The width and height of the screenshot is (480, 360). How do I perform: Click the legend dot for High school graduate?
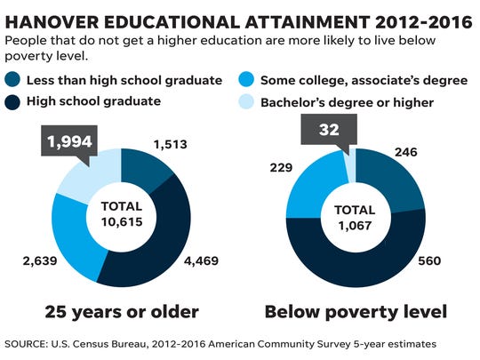(x=15, y=101)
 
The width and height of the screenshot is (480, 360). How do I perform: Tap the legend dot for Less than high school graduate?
(x=15, y=80)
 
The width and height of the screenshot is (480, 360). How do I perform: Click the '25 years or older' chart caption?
(x=123, y=312)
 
